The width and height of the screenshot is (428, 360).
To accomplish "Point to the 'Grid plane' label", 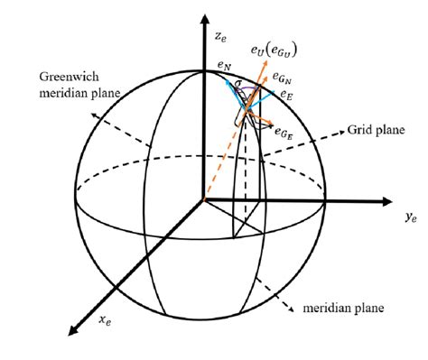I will click(371, 129).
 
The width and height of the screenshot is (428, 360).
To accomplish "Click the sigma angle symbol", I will click(239, 85).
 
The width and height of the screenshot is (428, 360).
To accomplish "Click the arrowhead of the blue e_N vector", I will click(227, 79).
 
